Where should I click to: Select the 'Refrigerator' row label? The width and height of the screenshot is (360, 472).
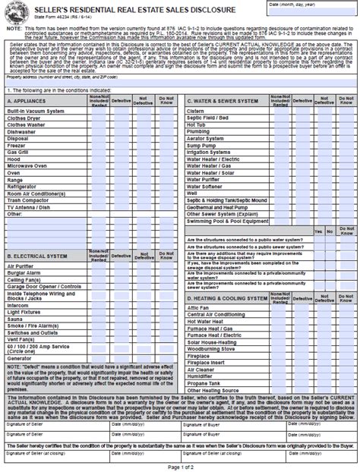[24, 185]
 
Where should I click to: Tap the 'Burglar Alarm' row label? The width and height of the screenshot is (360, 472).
[25, 272]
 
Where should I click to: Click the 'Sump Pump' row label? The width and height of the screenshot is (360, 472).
[201, 143]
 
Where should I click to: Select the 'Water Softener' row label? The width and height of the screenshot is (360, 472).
[206, 185]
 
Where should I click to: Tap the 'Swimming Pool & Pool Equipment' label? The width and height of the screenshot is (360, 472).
[227, 220]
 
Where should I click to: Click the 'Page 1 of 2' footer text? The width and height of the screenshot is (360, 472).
[180, 465]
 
